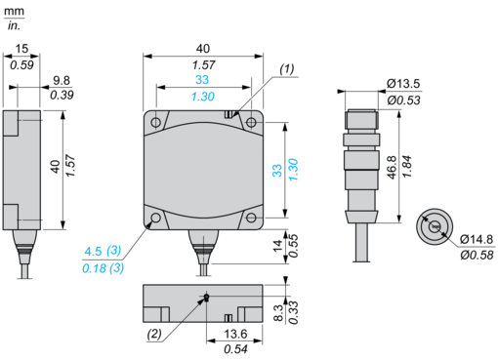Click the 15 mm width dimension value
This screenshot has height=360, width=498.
point(21,49)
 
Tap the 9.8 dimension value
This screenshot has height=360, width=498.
point(62,80)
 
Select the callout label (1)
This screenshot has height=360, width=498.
point(287,69)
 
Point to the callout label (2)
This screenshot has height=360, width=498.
point(154,334)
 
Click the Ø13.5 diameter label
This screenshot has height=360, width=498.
point(403,84)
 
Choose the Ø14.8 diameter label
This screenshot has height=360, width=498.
point(477,240)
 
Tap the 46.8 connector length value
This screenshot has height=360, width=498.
point(393,168)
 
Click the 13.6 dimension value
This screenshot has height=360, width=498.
point(235,334)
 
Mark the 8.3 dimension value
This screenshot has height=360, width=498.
point(278,313)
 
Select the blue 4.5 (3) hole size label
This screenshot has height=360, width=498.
point(103,251)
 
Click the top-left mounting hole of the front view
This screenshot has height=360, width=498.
point(156,123)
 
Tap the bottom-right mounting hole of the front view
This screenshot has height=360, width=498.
point(251,218)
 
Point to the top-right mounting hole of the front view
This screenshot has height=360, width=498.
point(251,123)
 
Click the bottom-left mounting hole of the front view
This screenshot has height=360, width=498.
point(156,218)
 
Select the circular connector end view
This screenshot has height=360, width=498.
point(435,226)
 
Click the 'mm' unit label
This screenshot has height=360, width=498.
point(14,12)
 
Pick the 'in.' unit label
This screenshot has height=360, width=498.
point(14,25)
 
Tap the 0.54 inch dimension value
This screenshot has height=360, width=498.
point(235,349)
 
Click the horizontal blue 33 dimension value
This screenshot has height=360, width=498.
point(202,80)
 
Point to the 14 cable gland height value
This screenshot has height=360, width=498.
point(277,246)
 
